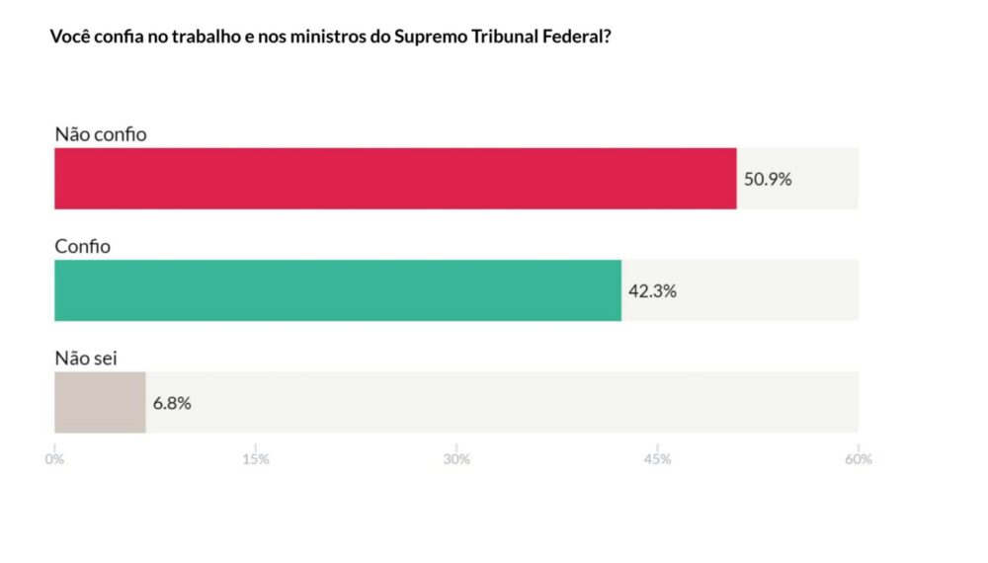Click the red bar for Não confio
395,179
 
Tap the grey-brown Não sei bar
100,402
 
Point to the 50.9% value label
768,180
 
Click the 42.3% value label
652,291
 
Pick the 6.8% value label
172,403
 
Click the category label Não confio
101,134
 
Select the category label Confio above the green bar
82,246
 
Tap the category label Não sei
86,358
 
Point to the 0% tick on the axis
54,459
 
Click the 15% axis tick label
255,459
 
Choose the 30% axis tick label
456,459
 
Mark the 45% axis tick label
657,459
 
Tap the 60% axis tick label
858,459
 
